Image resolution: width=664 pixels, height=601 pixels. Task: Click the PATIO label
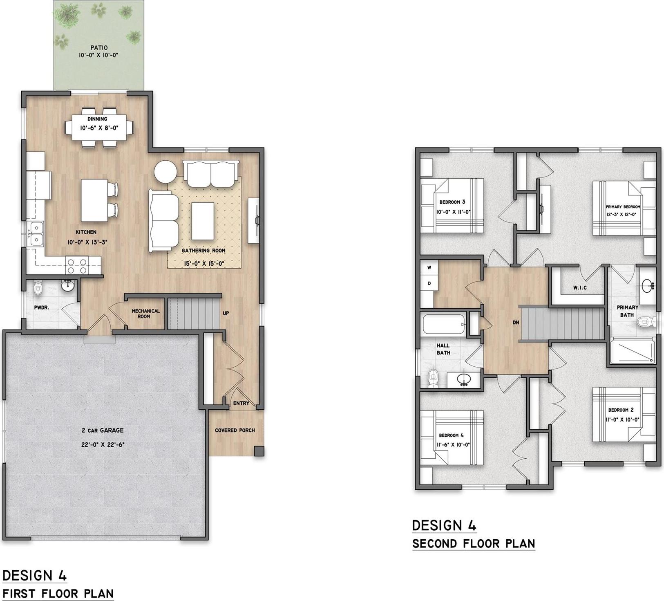99,48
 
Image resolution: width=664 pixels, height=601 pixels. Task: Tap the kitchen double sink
36,233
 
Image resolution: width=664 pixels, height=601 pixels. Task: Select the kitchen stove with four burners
77,266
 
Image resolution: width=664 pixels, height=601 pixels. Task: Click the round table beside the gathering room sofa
165,172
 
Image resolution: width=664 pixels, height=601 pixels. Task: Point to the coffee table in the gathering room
203,221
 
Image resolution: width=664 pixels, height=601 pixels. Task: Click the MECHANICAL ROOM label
146,314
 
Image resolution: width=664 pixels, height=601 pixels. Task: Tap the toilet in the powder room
38,287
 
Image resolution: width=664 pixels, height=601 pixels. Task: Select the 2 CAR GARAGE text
102,430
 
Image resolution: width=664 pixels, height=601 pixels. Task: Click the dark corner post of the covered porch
259,451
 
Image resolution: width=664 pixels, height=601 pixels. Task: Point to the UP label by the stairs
226,313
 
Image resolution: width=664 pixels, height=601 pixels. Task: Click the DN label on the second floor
516,323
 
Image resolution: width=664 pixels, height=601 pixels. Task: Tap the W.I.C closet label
580,288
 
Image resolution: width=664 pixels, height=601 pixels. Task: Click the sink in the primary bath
647,285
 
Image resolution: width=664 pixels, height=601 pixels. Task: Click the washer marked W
429,268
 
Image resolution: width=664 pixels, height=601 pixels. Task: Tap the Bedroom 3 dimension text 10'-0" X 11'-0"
454,212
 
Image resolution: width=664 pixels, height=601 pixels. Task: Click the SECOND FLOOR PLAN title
474,543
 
